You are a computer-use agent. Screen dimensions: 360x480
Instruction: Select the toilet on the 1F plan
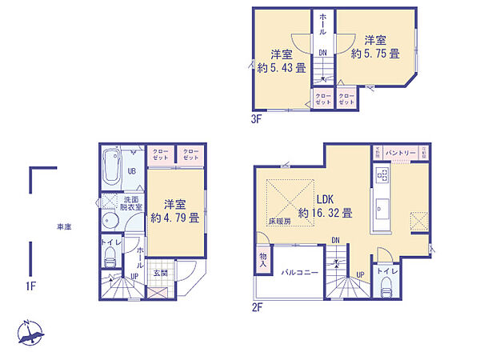click(x=110, y=257)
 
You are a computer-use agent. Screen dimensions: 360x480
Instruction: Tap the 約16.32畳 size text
click(x=326, y=213)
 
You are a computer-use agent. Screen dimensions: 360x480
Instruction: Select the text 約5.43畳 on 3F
click(x=279, y=67)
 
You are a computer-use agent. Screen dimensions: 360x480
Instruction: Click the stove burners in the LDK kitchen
click(x=382, y=173)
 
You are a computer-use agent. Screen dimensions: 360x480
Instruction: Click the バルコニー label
click(x=299, y=273)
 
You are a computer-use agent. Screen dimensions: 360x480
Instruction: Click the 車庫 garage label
click(x=62, y=226)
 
